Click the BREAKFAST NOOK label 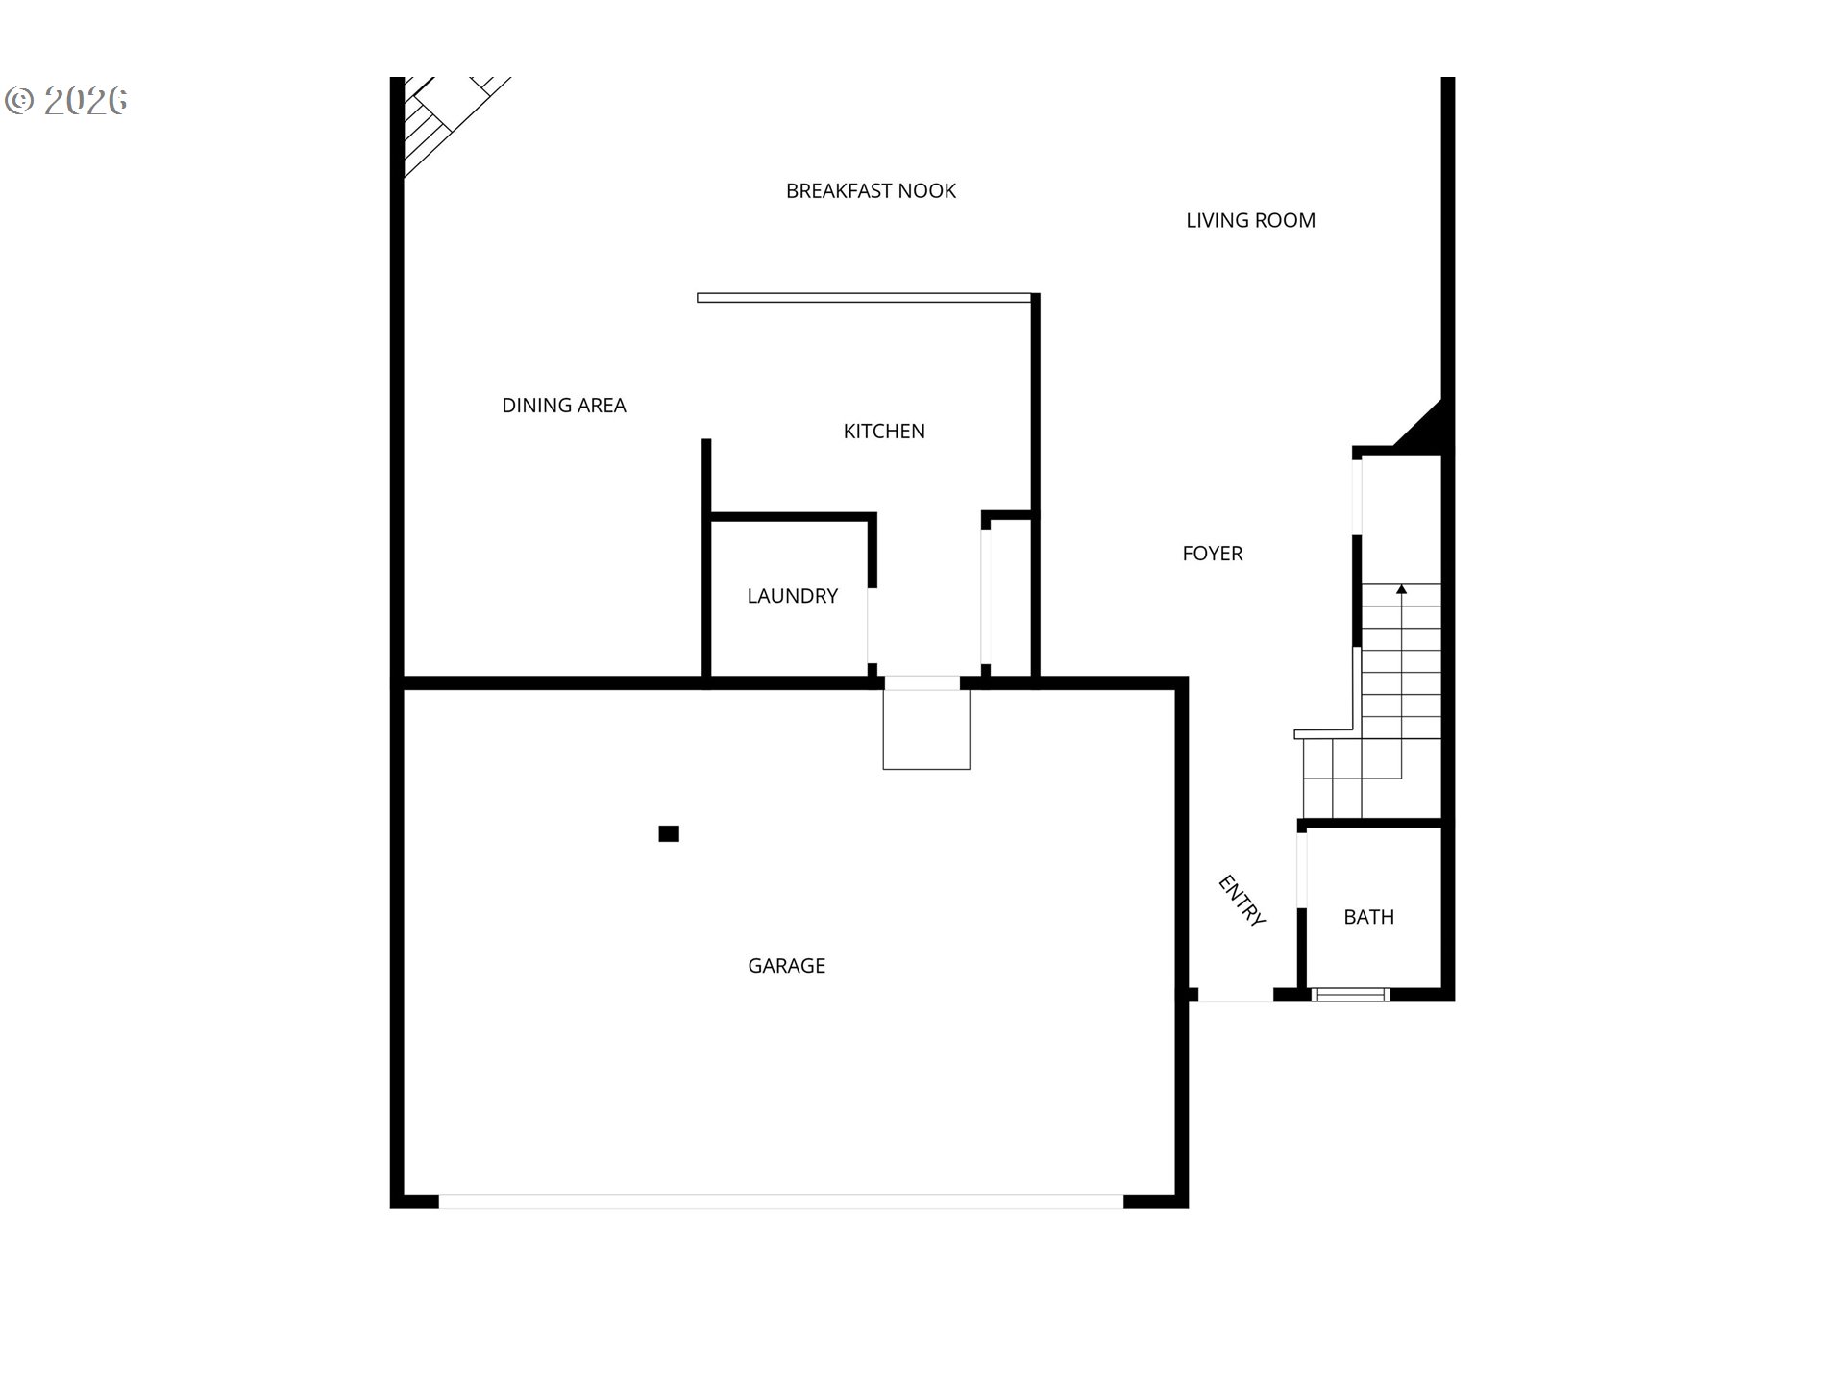871,191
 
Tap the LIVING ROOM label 1250,220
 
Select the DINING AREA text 564,406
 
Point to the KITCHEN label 884,432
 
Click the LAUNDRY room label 793,596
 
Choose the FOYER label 1213,554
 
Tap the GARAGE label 786,966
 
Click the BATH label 1368,917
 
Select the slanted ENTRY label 1241,901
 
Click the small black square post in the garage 669,833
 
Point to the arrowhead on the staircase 1401,588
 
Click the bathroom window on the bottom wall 1350,994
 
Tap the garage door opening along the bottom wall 781,1201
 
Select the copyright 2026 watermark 66,101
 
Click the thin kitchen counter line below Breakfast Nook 864,298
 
